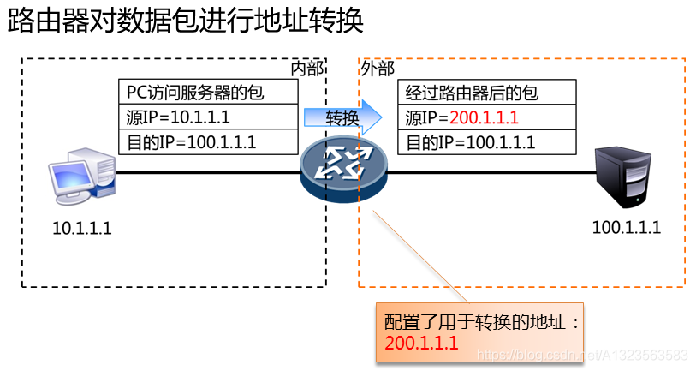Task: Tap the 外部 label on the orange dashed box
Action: tap(378, 68)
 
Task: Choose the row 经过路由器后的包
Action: tap(472, 93)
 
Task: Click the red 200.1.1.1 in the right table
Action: tap(484, 117)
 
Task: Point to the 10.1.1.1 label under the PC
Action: tap(82, 229)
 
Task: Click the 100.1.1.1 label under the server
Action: tap(626, 228)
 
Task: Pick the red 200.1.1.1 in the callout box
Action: tap(421, 344)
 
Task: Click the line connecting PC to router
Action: tap(205, 172)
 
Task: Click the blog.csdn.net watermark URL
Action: tap(582, 355)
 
